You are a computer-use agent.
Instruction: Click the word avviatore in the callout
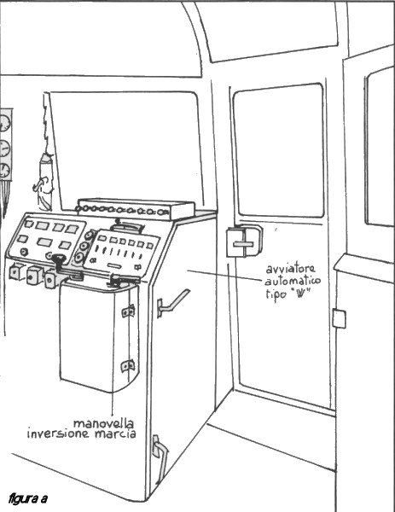291,269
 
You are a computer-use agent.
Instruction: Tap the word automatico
293,281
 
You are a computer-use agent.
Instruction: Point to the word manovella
103,423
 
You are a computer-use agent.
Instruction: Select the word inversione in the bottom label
58,434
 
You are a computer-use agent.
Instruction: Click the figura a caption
28,498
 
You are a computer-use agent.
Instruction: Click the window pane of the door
279,150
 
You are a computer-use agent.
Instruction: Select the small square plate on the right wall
340,318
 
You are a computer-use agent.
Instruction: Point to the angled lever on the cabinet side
172,302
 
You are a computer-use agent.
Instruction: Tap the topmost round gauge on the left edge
4,124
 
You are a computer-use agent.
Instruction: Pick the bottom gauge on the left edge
4,171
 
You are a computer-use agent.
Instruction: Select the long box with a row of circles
136,209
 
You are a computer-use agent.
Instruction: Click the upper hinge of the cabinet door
128,311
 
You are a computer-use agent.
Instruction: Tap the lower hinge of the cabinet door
128,366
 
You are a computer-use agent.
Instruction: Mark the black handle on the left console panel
58,261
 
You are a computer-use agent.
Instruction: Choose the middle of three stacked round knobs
84,247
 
